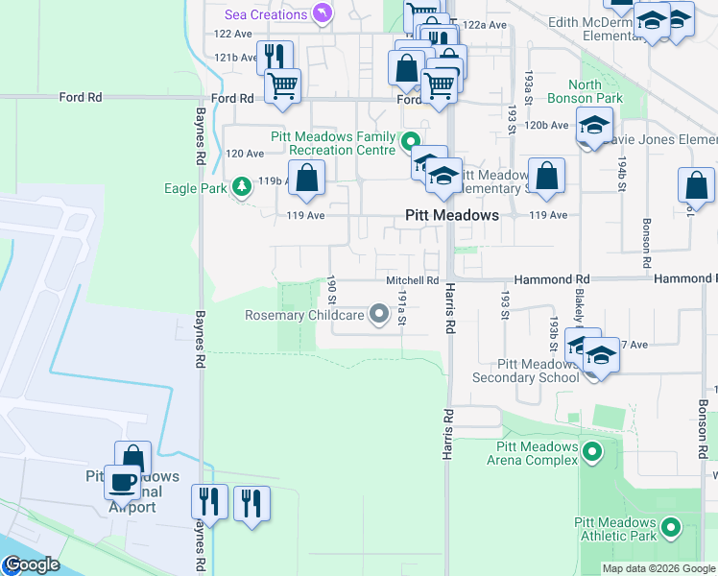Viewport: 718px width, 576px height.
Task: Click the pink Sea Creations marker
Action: [x=322, y=13]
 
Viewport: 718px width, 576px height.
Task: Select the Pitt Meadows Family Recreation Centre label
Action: [x=333, y=144]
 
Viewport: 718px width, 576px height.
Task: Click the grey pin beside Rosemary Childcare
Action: [x=378, y=314]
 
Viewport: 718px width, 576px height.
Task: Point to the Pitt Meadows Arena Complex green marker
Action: [x=592, y=450]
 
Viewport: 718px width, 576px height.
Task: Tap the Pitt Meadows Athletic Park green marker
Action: [x=670, y=527]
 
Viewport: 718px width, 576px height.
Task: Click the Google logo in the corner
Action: [x=31, y=564]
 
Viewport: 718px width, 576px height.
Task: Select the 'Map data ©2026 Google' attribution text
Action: [x=658, y=568]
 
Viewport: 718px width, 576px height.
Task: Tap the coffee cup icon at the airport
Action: [x=122, y=482]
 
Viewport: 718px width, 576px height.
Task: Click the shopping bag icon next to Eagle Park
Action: [x=306, y=178]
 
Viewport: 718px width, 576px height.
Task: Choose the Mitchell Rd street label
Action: [x=412, y=280]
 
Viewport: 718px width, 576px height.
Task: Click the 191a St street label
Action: [x=403, y=308]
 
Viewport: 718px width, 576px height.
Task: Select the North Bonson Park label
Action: [x=585, y=91]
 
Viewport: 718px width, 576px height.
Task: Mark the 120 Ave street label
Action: [x=244, y=154]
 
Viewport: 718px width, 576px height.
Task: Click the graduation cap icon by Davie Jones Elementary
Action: [x=593, y=126]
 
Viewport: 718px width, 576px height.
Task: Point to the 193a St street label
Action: [x=528, y=86]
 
